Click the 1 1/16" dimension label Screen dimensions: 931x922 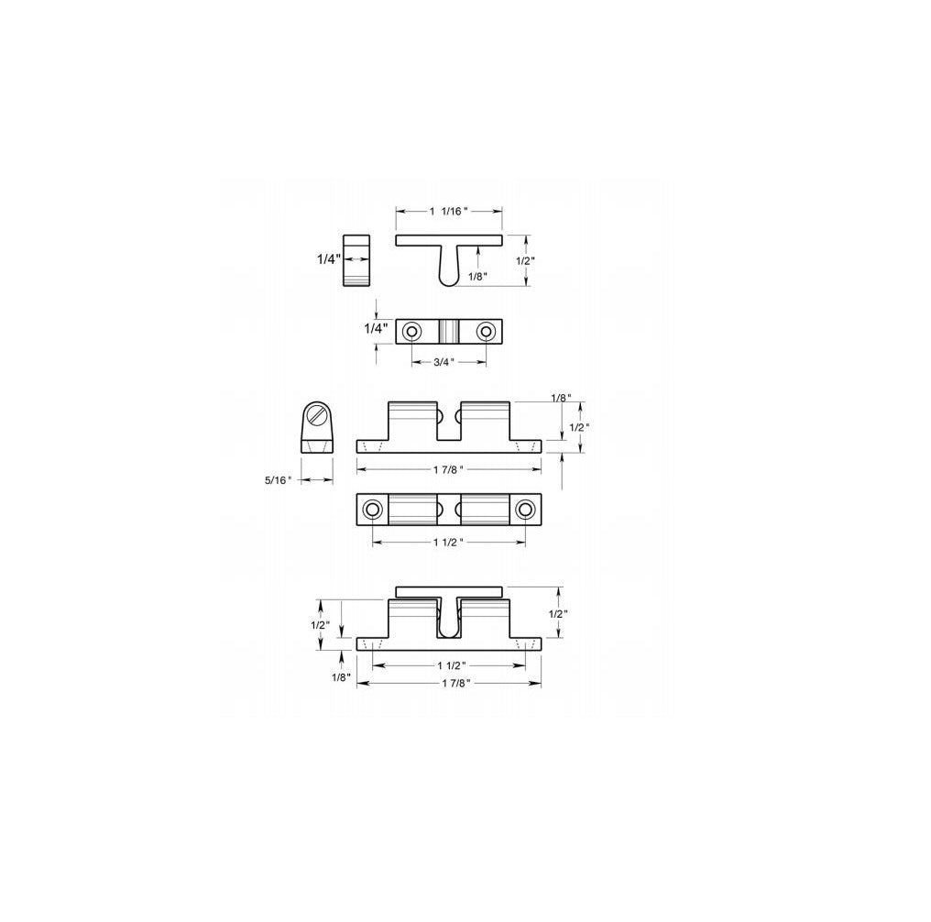pyautogui.click(x=449, y=211)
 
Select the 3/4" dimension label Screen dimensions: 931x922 pyautogui.click(x=444, y=362)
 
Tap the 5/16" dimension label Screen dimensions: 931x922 pyautogui.click(x=279, y=480)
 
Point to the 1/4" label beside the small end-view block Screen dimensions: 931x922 pyautogui.click(x=329, y=259)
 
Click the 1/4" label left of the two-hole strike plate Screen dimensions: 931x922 pyautogui.click(x=377, y=328)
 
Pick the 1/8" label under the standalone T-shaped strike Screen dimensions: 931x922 pyautogui.click(x=477, y=276)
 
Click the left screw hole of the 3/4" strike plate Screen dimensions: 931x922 pyautogui.click(x=411, y=331)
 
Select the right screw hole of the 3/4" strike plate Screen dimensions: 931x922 pyautogui.click(x=487, y=331)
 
